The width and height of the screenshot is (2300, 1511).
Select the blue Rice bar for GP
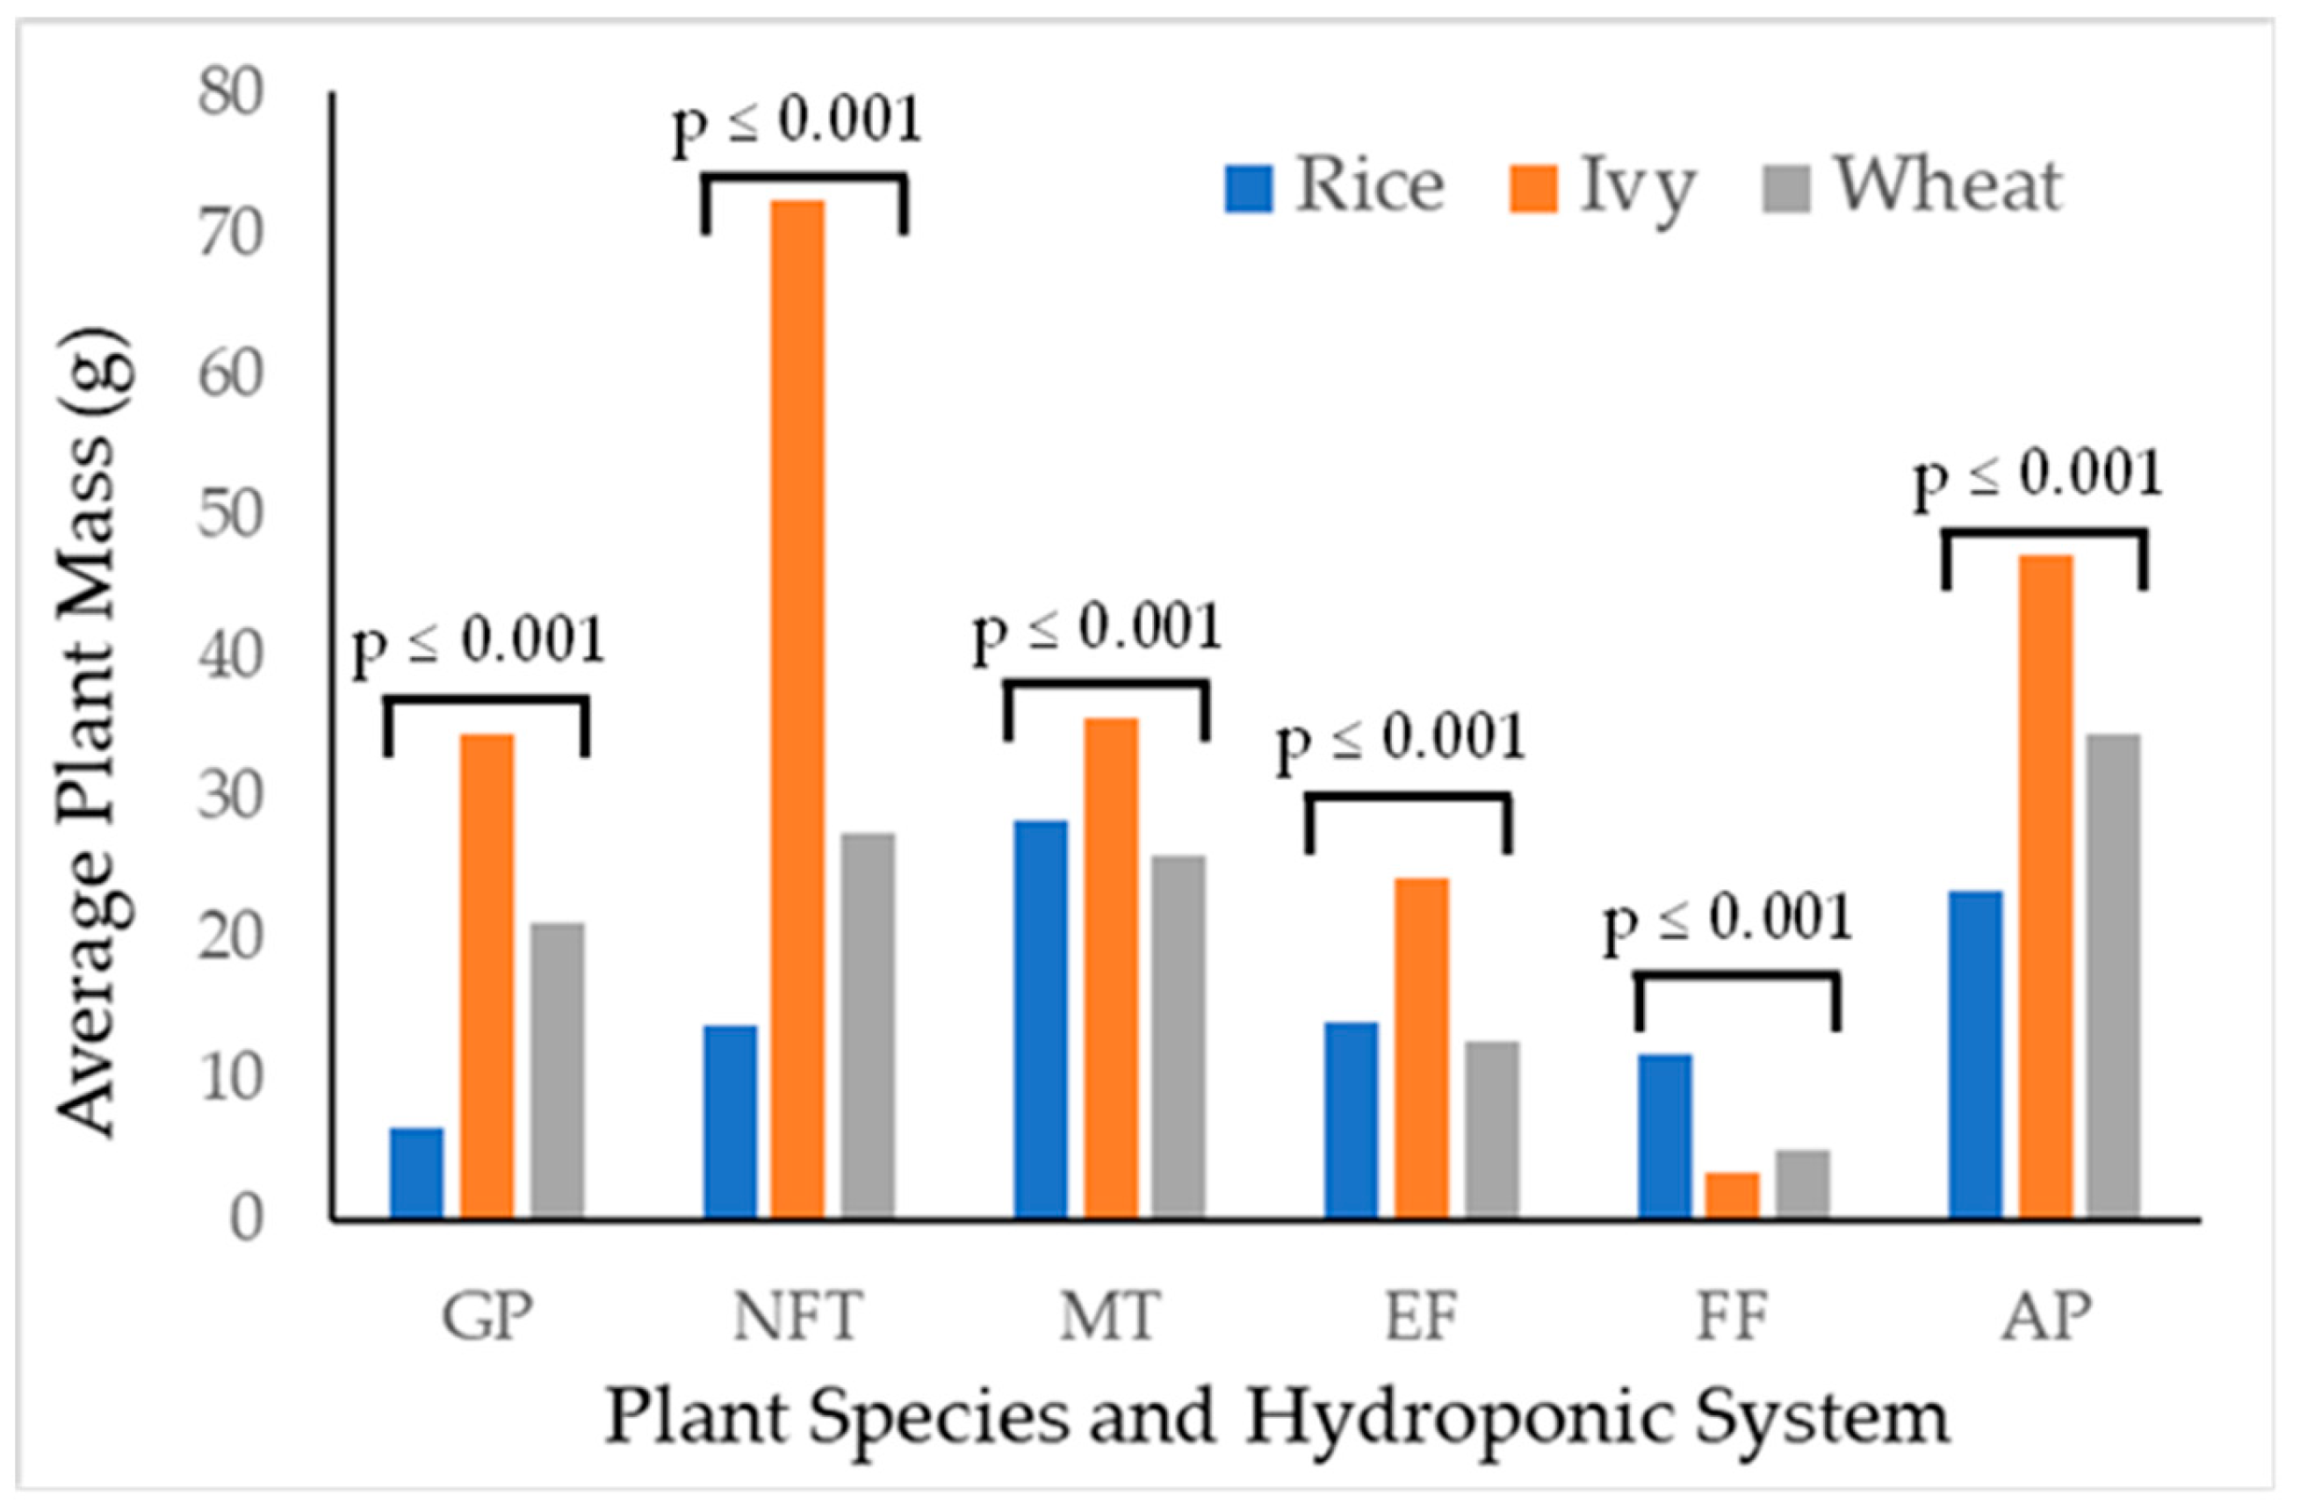pyautogui.click(x=416, y=1172)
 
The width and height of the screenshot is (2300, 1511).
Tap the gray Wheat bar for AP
pyautogui.click(x=2113, y=975)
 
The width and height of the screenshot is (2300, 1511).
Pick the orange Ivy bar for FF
pyautogui.click(x=1733, y=1195)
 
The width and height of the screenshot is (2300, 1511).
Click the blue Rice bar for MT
pyautogui.click(x=1041, y=1019)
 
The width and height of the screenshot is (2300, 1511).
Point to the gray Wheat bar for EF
pyautogui.click(x=1492, y=1129)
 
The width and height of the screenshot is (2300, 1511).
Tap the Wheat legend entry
pyautogui.click(x=1913, y=185)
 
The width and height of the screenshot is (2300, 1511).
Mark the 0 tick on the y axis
pyautogui.click(x=247, y=1220)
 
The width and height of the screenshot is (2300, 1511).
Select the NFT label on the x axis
pyautogui.click(x=797, y=1317)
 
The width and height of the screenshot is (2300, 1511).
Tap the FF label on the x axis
pyautogui.click(x=1732, y=1317)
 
